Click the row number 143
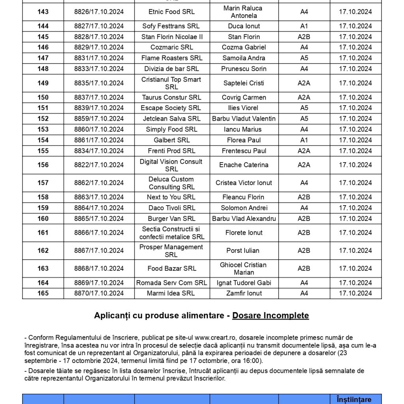(x=43, y=12)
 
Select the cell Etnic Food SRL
(x=172, y=12)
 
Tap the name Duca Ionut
(x=244, y=26)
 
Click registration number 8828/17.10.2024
(x=99, y=37)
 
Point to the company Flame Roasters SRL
(x=172, y=58)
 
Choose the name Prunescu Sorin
(x=244, y=69)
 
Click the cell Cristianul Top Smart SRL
(x=172, y=83)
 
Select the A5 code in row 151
(x=304, y=108)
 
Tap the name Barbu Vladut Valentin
(x=244, y=118)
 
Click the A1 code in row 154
(x=304, y=140)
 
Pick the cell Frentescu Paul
(x=244, y=151)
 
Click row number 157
(x=43, y=183)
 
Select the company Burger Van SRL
(x=172, y=219)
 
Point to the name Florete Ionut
(x=244, y=233)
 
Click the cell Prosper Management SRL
(x=172, y=251)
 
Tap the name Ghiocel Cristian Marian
(x=244, y=268)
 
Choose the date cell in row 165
(x=355, y=293)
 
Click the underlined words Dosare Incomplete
(x=270, y=316)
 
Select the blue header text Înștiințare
(x=355, y=399)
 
